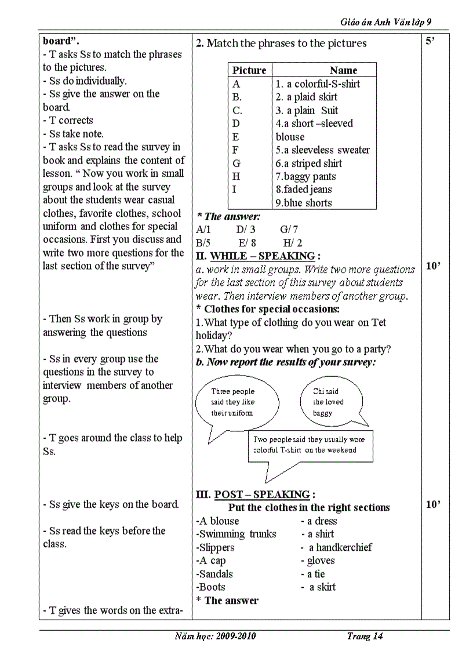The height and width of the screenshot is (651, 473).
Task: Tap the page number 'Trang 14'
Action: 365,637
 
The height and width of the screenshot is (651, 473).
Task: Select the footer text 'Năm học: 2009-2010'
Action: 215,637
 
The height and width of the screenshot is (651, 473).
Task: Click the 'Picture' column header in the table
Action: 249,70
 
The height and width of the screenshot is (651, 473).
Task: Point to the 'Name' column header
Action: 343,70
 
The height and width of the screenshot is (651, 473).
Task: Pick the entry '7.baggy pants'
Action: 305,176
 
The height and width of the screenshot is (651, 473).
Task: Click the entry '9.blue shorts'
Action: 304,203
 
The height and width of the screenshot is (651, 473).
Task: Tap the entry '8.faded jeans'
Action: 304,190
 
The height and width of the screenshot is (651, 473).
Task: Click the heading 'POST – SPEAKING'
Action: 262,494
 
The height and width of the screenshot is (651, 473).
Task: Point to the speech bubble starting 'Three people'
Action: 233,402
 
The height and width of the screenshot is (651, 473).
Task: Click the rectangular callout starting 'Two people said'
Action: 310,445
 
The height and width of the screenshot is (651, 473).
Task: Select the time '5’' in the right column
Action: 430,42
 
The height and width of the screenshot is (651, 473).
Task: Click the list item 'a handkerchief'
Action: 340,547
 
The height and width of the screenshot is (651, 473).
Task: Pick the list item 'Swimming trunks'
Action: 237,534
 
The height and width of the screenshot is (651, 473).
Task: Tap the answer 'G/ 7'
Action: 289,230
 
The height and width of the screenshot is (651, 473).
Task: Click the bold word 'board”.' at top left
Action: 61,41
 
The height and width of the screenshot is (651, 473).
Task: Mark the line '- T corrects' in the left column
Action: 68,121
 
